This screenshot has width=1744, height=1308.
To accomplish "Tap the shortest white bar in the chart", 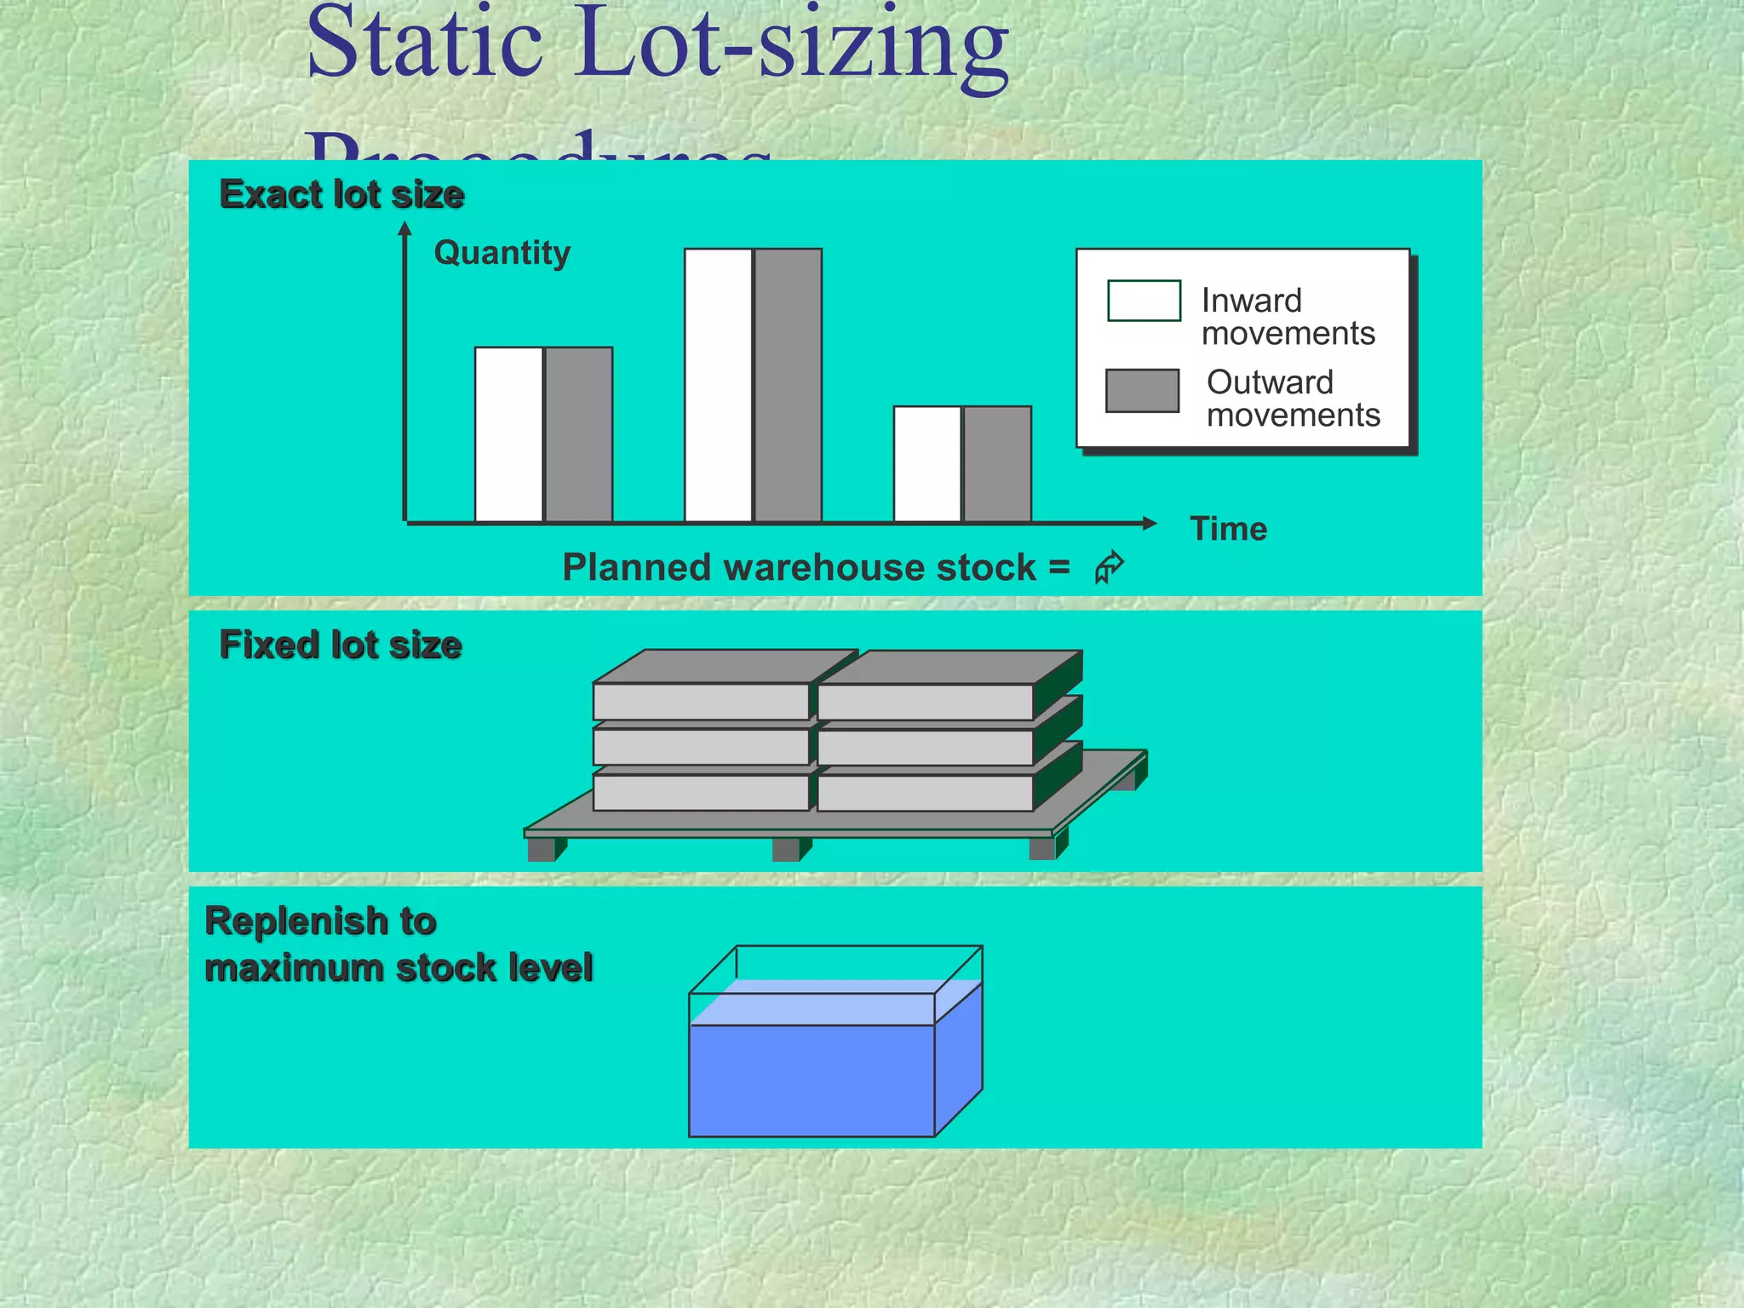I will tap(927, 464).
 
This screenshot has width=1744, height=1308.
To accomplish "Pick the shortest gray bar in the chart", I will tap(997, 464).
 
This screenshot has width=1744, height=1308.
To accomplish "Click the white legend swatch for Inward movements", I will tap(1144, 301).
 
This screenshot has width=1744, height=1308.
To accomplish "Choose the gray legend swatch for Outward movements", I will tap(1142, 391).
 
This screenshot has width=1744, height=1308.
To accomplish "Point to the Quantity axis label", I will tap(502, 253).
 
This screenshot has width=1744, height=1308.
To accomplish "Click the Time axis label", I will tap(1228, 529).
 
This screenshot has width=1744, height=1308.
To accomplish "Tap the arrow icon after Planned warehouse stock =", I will tap(1109, 567).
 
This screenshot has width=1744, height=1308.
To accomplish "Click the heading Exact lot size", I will tap(341, 194).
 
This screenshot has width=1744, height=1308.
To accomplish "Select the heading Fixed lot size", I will tap(341, 645).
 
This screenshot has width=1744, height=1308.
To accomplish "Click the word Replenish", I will tap(295, 921).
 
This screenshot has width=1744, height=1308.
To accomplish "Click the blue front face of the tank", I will tap(811, 1080).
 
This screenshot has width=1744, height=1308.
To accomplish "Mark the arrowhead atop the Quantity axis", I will tap(405, 228).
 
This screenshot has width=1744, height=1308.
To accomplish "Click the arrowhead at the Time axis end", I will tap(1149, 523).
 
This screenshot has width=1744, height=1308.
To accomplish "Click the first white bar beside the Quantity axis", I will tap(508, 434).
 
